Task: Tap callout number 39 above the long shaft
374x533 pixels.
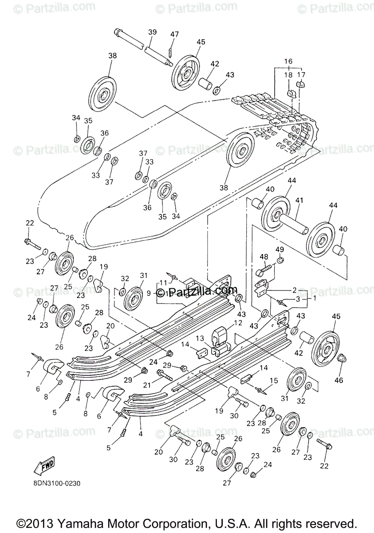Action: coord(152,32)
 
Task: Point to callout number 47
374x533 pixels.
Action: coord(174,34)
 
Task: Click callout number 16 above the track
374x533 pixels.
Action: coord(288,61)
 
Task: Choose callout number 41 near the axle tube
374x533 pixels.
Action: coord(299,200)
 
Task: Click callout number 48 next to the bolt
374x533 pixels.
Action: coord(264,257)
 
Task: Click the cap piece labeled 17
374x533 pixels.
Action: coord(302,84)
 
